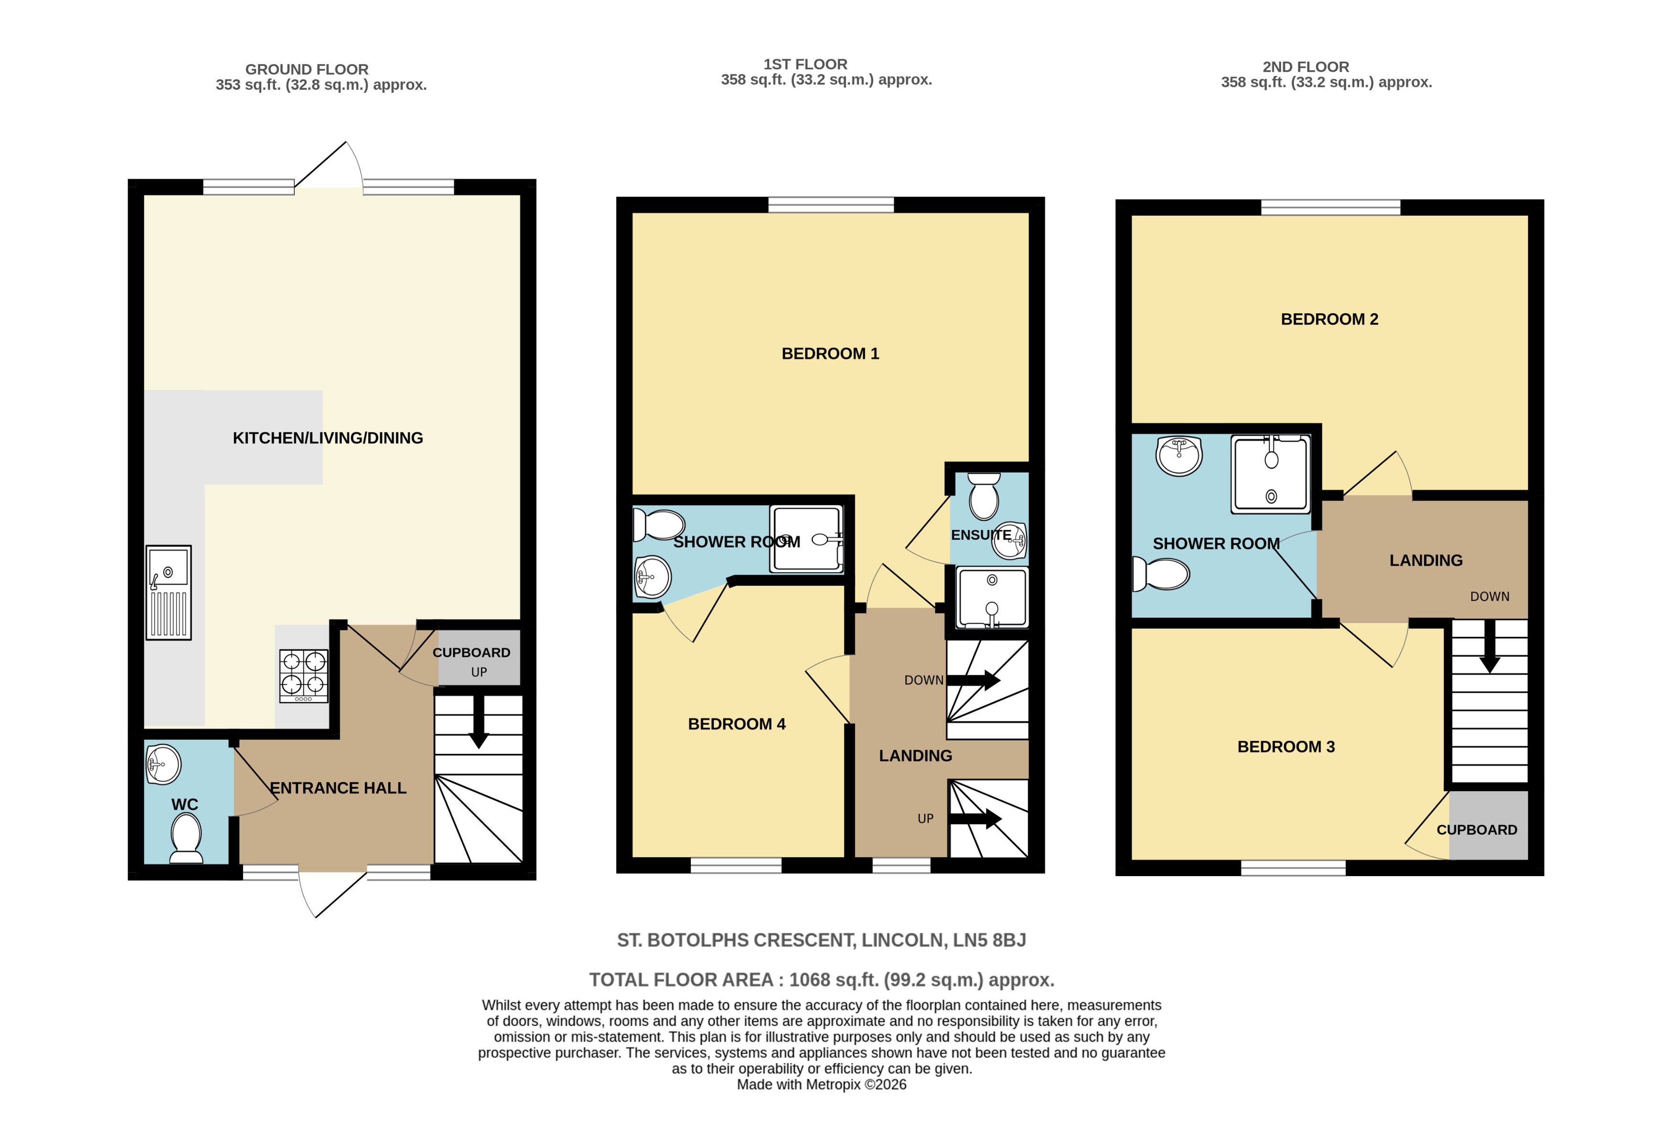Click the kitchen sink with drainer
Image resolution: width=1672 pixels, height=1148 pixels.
pyautogui.click(x=168, y=592)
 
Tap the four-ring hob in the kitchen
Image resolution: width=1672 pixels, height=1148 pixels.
pyautogui.click(x=304, y=676)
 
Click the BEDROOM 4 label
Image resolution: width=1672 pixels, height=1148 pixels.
pyautogui.click(x=736, y=724)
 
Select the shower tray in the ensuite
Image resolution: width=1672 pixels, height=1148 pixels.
pyautogui.click(x=991, y=597)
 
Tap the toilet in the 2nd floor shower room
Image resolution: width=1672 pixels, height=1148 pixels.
pyautogui.click(x=1160, y=574)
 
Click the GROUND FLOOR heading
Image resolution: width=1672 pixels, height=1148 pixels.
pyautogui.click(x=307, y=69)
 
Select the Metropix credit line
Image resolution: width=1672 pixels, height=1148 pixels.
pyautogui.click(x=821, y=1085)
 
